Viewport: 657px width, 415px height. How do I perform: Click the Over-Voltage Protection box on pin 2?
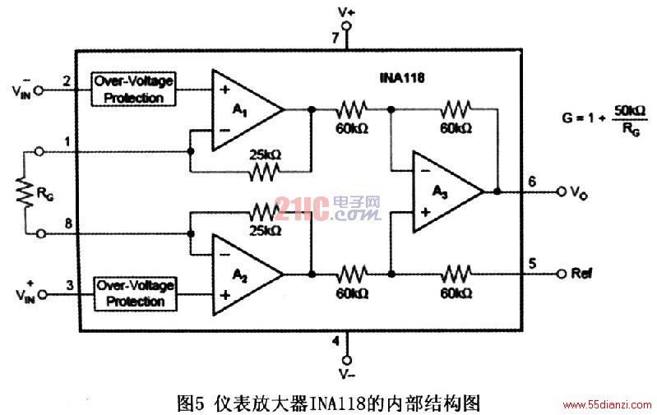[133, 90]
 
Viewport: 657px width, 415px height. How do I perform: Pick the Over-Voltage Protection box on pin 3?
[135, 293]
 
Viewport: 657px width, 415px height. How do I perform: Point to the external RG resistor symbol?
[25, 192]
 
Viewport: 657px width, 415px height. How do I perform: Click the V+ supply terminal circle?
[346, 26]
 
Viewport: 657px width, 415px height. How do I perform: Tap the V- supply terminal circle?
[346, 360]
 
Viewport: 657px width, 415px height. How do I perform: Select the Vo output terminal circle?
[562, 191]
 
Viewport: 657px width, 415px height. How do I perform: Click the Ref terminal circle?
[562, 274]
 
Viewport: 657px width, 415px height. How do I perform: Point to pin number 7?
[335, 38]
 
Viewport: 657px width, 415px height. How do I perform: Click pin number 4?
[335, 341]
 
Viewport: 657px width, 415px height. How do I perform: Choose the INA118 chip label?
[402, 77]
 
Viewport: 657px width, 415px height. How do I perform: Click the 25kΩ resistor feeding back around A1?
[265, 171]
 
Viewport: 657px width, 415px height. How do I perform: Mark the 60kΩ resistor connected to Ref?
[456, 274]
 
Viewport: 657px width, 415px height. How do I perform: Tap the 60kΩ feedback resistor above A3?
[456, 109]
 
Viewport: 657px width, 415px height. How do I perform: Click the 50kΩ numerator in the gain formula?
[630, 111]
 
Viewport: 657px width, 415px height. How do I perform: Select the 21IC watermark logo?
[327, 209]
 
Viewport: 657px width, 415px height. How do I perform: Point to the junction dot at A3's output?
[497, 191]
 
